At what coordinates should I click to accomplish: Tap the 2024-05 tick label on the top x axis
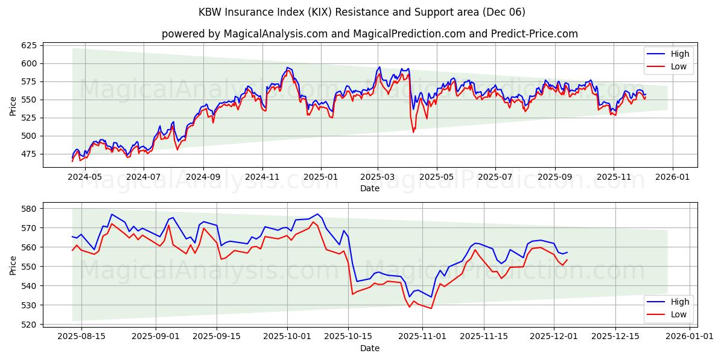[84, 177]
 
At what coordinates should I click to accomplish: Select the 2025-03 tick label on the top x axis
[378, 177]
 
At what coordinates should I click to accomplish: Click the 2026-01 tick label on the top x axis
[672, 177]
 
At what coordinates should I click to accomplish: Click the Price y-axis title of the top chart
[13, 107]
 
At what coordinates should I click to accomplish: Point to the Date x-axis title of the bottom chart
[370, 348]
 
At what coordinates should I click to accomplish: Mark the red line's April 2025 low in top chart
[413, 132]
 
